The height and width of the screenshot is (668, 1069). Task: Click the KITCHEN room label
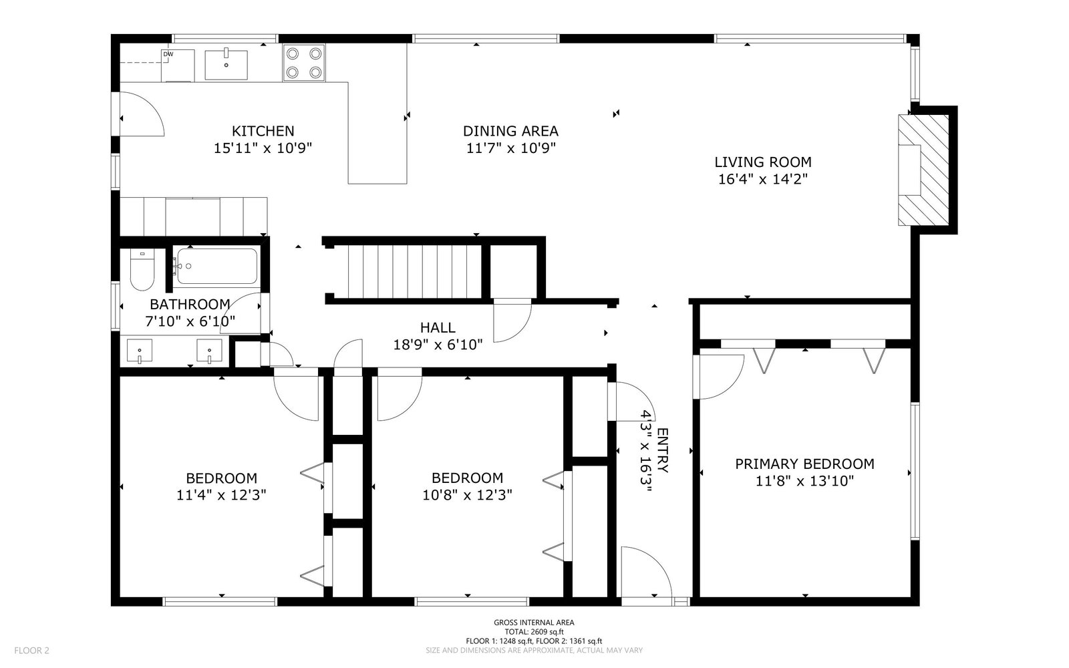tap(263, 131)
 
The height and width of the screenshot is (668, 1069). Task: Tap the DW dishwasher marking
tap(168, 54)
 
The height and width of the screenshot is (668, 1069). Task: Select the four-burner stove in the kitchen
tap(303, 63)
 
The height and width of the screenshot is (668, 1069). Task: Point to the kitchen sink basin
tap(226, 64)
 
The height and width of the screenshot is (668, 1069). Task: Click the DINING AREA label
tap(510, 131)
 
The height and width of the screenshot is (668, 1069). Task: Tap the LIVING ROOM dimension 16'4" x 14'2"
tap(762, 179)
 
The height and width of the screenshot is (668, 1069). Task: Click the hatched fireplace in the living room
tap(923, 170)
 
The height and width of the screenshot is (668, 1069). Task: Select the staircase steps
tap(414, 271)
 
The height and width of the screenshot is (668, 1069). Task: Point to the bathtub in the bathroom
tap(214, 267)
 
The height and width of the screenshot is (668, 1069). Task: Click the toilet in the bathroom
tap(142, 270)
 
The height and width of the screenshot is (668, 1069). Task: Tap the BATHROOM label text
tap(190, 304)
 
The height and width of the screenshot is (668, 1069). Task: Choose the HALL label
tap(438, 327)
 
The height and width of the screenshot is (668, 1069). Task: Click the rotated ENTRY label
tap(663, 450)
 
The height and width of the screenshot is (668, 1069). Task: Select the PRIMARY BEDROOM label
tap(804, 464)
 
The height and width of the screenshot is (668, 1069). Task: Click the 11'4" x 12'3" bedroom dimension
tap(221, 495)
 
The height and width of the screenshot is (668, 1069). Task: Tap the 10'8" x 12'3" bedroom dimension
tap(467, 495)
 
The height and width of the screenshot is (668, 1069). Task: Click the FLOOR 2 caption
tap(31, 651)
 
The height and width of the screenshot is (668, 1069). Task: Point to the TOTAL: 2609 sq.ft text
tap(534, 632)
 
